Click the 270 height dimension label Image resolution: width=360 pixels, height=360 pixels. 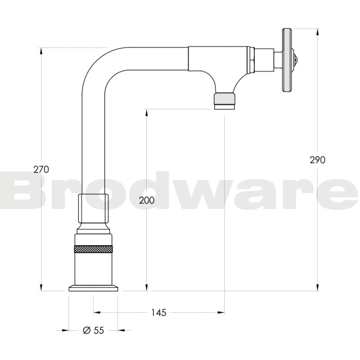click(41, 169)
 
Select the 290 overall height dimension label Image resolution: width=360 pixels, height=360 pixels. click(318, 159)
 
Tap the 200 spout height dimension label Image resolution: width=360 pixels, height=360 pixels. click(147, 201)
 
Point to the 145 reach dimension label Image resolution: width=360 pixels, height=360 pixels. click(158, 312)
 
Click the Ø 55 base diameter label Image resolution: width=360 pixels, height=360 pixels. click(94, 330)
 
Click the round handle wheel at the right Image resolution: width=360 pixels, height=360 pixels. click(286, 60)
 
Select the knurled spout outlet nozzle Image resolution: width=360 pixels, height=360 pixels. click(224, 99)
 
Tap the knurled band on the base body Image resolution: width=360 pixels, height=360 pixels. click(93, 248)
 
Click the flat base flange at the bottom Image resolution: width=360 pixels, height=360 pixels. click(93, 288)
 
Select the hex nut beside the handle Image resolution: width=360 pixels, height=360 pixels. click(252, 60)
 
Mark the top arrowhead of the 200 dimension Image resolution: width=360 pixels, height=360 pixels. click(147, 112)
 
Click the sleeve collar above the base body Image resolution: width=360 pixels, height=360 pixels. click(93, 207)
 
